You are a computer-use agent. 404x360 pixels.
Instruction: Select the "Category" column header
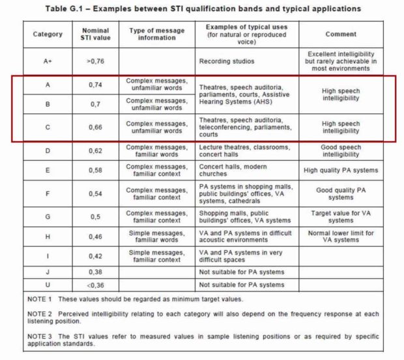coord(48,34)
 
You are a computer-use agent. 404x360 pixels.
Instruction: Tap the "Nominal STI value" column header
coord(96,34)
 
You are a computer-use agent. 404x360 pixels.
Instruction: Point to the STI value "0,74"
coord(96,85)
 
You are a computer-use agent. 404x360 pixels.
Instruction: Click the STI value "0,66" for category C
coord(96,127)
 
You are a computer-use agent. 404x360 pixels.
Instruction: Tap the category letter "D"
coord(48,150)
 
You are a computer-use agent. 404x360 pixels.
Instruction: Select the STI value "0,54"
coord(96,194)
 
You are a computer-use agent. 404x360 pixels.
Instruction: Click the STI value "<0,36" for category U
coord(96,284)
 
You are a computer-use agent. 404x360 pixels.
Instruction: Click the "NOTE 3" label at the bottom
coord(40,336)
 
